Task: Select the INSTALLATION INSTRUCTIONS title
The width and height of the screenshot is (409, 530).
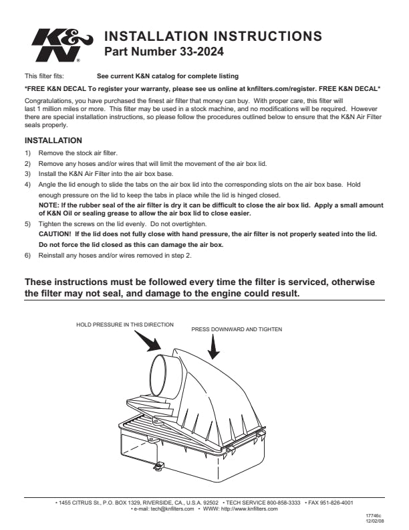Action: [214, 36]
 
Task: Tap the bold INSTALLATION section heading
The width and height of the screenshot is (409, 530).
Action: [53, 141]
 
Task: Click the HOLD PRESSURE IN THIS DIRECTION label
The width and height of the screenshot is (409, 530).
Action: [125, 325]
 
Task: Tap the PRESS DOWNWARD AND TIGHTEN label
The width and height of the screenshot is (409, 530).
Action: [237, 329]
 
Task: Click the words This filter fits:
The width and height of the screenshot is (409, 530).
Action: [44, 76]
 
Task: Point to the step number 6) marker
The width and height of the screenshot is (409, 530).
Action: [28, 256]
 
